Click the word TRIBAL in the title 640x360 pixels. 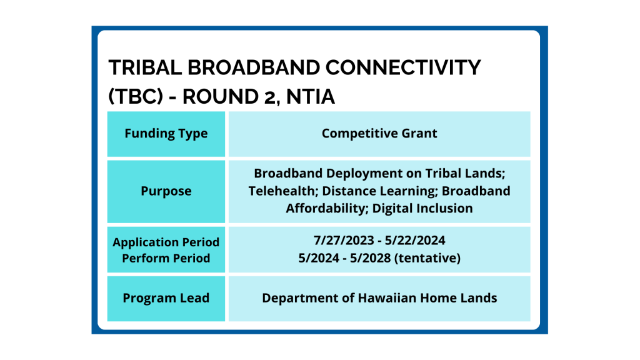click(145, 67)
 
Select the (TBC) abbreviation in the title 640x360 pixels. click(136, 97)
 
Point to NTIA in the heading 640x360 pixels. click(311, 97)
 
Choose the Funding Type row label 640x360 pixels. click(166, 134)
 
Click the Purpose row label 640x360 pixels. click(166, 191)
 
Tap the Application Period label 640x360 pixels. click(166, 242)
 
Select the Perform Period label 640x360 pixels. click(166, 258)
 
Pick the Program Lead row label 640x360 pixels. click(166, 298)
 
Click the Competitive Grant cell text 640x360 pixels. click(379, 134)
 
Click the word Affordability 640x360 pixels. click(327, 209)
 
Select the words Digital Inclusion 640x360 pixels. click(422, 209)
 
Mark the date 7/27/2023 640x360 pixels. click(344, 241)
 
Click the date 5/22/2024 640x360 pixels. click(415, 241)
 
